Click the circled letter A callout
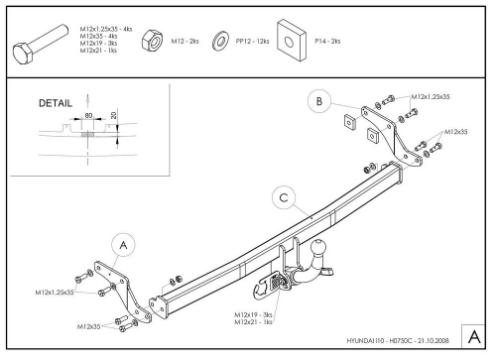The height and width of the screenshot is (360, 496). pos(123,243)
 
